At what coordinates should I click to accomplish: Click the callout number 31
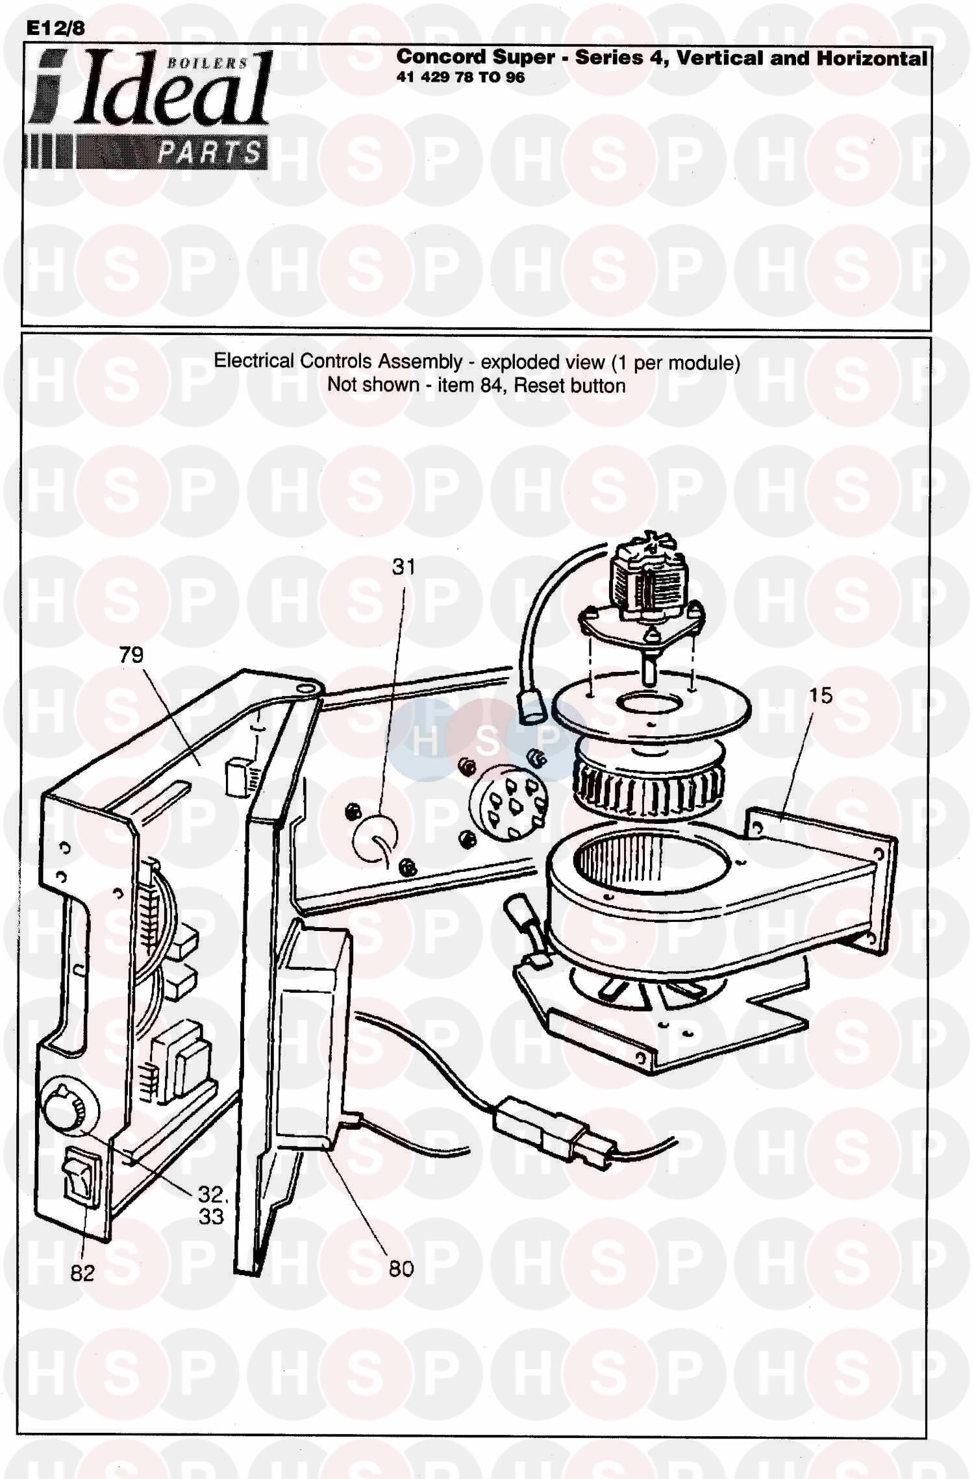point(403,567)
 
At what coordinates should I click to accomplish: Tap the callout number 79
point(131,654)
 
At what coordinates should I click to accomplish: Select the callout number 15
point(821,695)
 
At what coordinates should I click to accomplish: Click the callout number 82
point(82,1273)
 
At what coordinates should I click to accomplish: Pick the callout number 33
point(211,1216)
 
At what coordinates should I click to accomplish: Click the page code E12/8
point(55,29)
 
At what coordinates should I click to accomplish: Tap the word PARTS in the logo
point(209,153)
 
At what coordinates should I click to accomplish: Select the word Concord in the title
point(441,57)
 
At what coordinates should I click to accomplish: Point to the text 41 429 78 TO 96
point(460,78)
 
